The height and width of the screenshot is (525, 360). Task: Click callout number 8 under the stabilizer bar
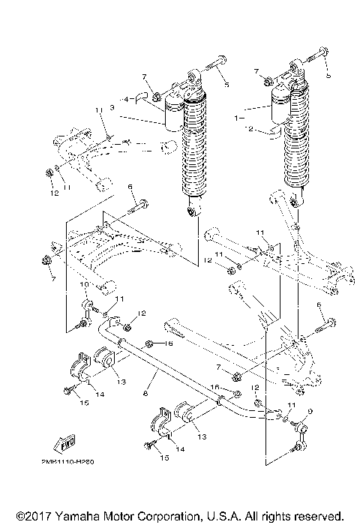pos(144,393)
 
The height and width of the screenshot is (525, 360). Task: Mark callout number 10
pos(83,286)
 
